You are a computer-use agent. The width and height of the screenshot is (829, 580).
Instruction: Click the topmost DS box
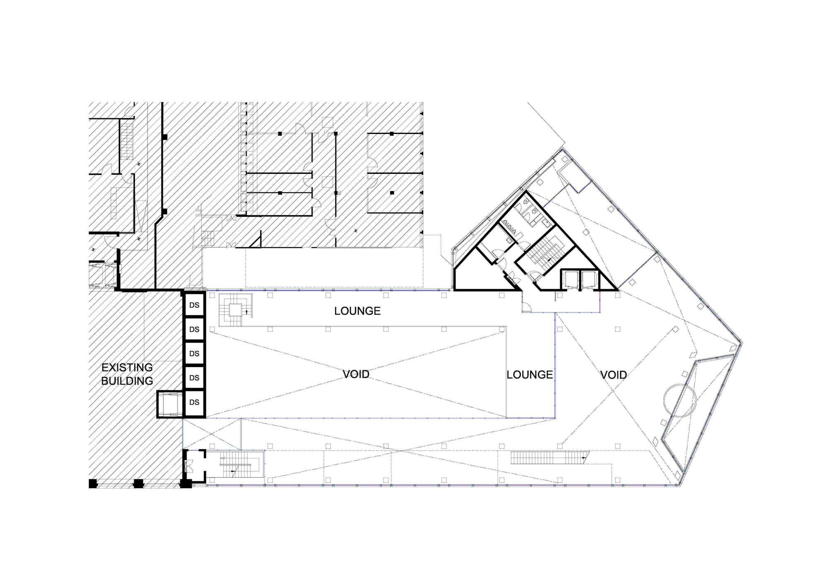[x=194, y=305]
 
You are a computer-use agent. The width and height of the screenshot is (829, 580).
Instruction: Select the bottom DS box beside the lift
[x=194, y=402]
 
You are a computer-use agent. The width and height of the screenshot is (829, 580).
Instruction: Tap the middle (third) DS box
[x=194, y=353]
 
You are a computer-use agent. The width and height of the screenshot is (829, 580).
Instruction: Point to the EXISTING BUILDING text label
[x=127, y=374]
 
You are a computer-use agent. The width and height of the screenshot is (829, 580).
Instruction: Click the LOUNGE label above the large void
[x=357, y=311]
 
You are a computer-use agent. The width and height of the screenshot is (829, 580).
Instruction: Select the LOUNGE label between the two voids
[x=530, y=375]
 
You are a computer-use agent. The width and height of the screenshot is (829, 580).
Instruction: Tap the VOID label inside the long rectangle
[x=356, y=374]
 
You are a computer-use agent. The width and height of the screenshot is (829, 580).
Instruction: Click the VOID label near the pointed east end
[x=613, y=375]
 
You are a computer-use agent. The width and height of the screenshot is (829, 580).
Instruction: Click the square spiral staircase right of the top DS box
[x=235, y=310]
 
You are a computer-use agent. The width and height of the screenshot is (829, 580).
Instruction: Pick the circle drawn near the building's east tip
[x=680, y=400]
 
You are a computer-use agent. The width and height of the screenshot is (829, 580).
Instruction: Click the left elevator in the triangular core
[x=570, y=280]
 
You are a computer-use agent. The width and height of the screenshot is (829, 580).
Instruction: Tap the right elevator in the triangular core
[x=589, y=280]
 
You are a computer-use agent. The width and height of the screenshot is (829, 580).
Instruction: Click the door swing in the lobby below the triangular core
[x=526, y=307]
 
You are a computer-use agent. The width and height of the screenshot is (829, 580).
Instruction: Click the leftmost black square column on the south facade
[x=93, y=483]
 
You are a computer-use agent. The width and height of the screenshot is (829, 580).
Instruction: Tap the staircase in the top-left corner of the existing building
[x=127, y=139]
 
